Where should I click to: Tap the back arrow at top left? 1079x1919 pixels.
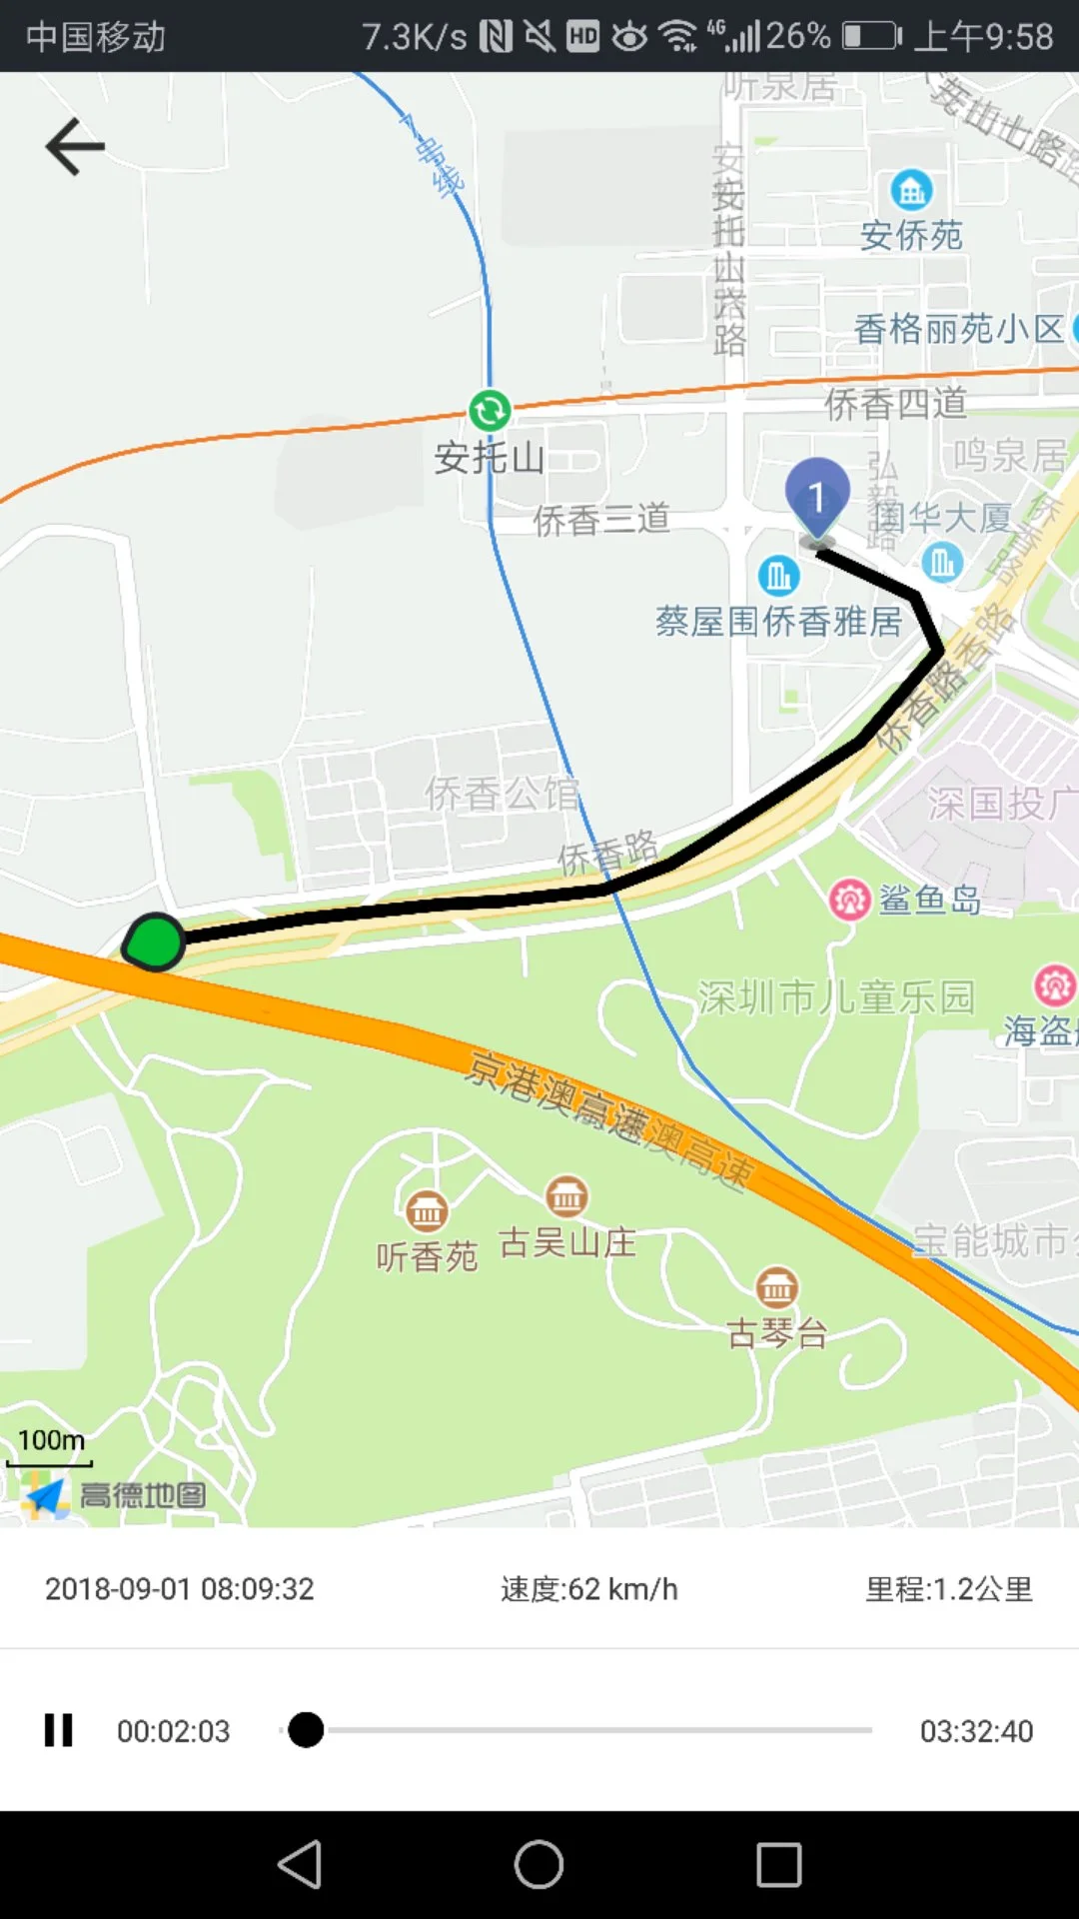(75, 147)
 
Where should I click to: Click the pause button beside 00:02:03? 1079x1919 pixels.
(59, 1730)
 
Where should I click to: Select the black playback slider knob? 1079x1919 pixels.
(306, 1730)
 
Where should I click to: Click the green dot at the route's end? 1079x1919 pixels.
(156, 943)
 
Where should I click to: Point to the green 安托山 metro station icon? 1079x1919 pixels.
(490, 410)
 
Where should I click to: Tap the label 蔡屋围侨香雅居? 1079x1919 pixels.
(778, 622)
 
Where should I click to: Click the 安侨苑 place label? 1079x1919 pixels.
(911, 236)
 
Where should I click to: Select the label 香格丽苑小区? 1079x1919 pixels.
(958, 329)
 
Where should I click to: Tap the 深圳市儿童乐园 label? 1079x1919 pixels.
(835, 997)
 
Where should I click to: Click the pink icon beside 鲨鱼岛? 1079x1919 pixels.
(850, 900)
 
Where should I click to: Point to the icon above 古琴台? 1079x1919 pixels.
(776, 1288)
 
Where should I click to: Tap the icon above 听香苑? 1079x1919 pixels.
(427, 1211)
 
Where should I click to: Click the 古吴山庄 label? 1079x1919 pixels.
(566, 1243)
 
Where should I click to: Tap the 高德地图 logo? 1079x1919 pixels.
(115, 1495)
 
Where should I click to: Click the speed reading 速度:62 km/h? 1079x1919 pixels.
(588, 1589)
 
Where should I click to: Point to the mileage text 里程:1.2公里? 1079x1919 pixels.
(948, 1589)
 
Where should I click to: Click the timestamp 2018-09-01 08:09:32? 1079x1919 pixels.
(180, 1589)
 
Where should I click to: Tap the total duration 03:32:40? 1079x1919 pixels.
(976, 1730)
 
